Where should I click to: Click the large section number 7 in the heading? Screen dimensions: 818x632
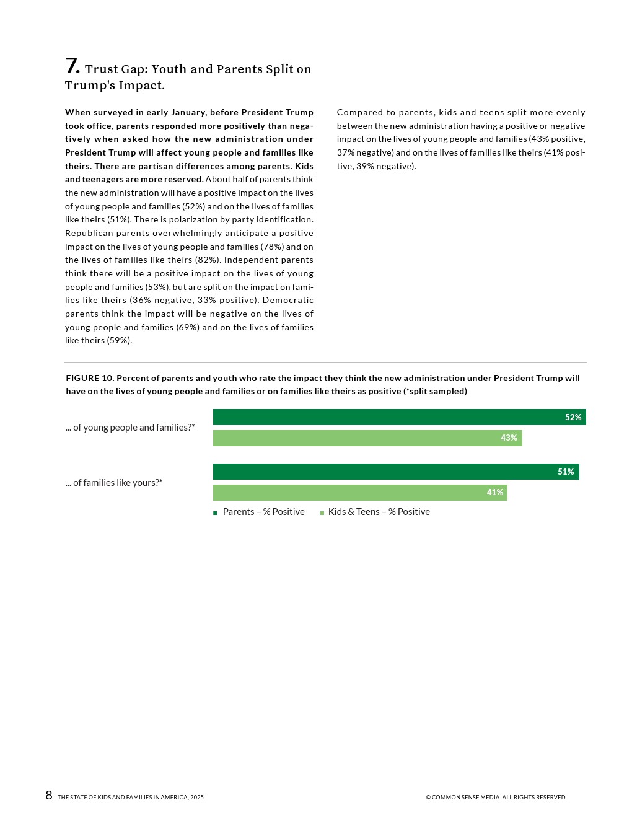tap(72, 66)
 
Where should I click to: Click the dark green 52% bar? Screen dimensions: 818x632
tap(384, 417)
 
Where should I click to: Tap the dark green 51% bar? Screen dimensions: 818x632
tap(384, 472)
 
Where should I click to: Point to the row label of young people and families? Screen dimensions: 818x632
tap(130, 428)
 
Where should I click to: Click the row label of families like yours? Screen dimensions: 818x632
tap(114, 483)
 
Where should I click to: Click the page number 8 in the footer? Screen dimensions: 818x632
tap(49, 796)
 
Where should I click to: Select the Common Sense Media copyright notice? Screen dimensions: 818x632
tap(496, 798)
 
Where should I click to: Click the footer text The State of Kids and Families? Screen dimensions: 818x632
tap(131, 798)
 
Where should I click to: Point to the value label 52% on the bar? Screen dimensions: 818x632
tap(573, 417)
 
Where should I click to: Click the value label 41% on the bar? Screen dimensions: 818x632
tap(494, 493)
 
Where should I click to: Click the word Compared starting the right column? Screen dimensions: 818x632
tap(360, 112)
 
